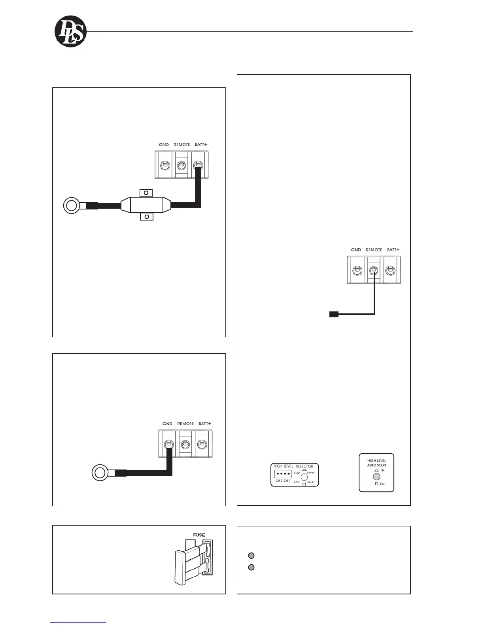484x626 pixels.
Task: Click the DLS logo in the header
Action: pyautogui.click(x=70, y=32)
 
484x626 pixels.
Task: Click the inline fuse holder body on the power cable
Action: pyautogui.click(x=146, y=205)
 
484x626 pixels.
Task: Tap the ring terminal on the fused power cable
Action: pyautogui.click(x=72, y=206)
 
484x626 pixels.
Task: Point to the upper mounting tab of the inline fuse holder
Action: pyautogui.click(x=146, y=193)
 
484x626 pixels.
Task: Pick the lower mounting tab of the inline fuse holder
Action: pyautogui.click(x=147, y=217)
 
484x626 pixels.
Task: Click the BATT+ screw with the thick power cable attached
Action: pyautogui.click(x=198, y=166)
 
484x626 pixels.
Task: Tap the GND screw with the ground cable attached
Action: pyautogui.click(x=168, y=444)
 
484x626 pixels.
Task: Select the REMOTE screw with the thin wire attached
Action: pyautogui.click(x=374, y=271)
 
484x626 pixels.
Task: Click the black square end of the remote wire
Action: pyautogui.click(x=334, y=315)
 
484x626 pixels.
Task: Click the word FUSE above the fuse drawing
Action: pyautogui.click(x=199, y=535)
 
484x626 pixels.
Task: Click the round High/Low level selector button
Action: pyautogui.click(x=304, y=477)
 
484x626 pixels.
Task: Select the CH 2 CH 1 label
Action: pyautogui.click(x=283, y=481)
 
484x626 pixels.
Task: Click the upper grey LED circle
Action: pyautogui.click(x=251, y=556)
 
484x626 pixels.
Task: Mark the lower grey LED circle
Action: pyautogui.click(x=251, y=568)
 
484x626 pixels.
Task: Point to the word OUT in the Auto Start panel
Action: pyautogui.click(x=383, y=484)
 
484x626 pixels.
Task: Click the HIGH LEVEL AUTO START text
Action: pyautogui.click(x=376, y=463)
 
